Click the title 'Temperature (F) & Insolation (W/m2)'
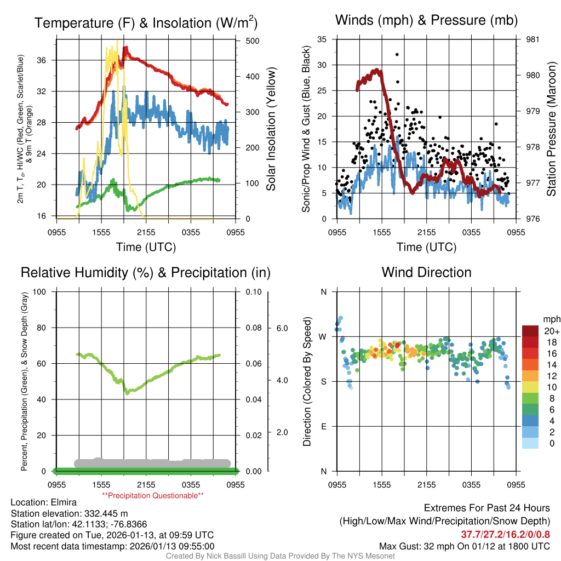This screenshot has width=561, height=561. (146, 23)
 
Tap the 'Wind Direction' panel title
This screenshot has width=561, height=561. (426, 272)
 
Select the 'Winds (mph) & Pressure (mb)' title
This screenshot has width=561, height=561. (426, 21)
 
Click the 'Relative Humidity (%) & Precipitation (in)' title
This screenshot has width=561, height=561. (146, 272)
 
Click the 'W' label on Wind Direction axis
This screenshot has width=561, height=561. (323, 336)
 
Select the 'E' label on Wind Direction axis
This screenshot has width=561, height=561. (323, 426)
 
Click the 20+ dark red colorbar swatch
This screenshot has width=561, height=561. (530, 331)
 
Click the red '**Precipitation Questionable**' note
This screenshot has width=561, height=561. (153, 495)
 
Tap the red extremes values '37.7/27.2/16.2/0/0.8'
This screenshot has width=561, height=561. (505, 534)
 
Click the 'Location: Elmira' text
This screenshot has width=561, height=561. (44, 502)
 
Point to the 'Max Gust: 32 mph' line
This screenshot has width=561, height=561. (464, 546)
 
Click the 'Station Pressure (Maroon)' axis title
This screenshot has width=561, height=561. (552, 129)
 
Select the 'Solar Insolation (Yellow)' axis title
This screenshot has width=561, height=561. (271, 129)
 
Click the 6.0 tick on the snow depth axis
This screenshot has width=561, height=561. (281, 328)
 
